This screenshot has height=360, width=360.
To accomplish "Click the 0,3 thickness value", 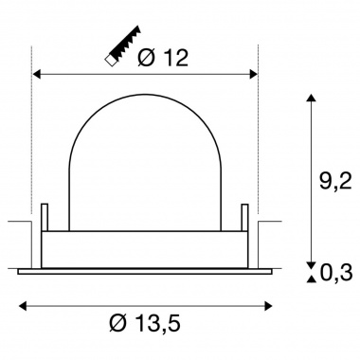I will point(335,274).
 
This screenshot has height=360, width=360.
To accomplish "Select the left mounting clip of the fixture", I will point(45,226).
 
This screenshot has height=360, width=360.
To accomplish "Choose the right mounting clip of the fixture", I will point(245,226).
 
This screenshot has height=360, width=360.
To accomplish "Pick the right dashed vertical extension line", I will point(258,142).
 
